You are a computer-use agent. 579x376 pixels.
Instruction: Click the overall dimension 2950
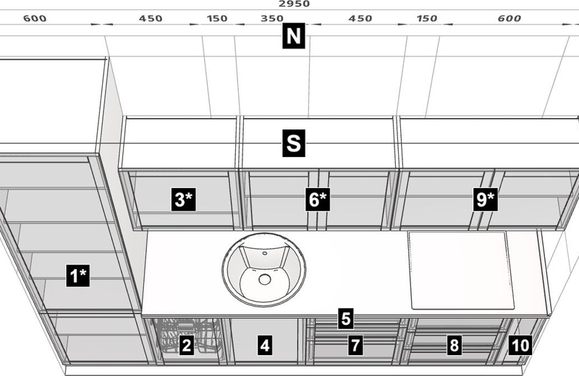(294, 4)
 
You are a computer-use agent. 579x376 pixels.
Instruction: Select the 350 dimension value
(272, 18)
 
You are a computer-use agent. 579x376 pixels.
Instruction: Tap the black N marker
(294, 35)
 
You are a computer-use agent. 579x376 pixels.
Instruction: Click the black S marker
(294, 143)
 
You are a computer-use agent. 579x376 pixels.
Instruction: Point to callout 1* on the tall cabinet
(78, 275)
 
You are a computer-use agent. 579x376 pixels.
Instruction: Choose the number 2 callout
(187, 345)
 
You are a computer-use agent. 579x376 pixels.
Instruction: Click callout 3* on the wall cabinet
(184, 200)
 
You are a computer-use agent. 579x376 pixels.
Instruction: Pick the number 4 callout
(264, 346)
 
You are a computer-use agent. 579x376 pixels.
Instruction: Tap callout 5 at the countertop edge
(345, 318)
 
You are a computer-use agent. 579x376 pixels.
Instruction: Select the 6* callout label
(318, 200)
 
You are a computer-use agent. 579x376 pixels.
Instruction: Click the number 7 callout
(355, 345)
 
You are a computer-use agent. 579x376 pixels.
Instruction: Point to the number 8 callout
(454, 345)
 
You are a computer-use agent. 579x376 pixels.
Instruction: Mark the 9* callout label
(485, 200)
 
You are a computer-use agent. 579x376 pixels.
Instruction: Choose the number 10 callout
(520, 345)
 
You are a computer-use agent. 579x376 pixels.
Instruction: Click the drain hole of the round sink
(264, 279)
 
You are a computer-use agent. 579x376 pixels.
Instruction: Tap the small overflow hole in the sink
(264, 254)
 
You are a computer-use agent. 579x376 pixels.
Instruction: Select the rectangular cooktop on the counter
(461, 270)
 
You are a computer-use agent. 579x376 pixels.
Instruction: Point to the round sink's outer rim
(264, 270)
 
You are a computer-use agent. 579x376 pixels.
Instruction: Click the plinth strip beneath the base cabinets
(294, 370)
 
